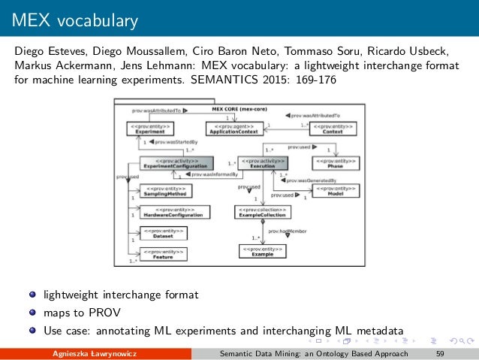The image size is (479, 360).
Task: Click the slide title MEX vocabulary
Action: coord(74,20)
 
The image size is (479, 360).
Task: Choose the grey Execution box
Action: coord(263,162)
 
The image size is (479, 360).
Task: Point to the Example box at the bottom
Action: coord(262,252)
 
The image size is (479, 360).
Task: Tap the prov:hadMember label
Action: coord(286,231)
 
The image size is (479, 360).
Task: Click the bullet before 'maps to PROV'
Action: coord(34,312)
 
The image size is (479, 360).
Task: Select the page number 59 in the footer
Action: coord(440,353)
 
